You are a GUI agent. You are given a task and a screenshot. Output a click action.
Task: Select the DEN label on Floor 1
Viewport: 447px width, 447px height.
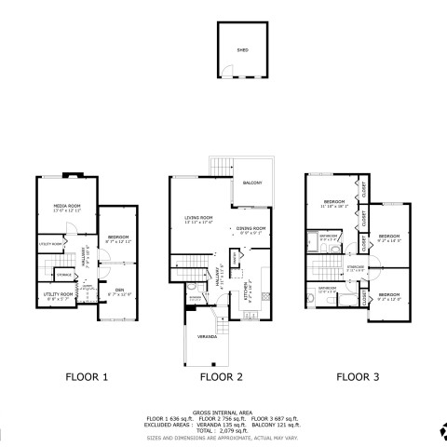(x=120, y=291)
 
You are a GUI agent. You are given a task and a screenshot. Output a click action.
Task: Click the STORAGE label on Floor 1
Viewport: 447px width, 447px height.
(x=64, y=275)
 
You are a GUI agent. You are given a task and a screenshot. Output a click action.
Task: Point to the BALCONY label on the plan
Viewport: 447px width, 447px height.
(x=253, y=182)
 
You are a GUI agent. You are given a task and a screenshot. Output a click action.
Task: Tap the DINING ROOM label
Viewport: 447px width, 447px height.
(x=251, y=227)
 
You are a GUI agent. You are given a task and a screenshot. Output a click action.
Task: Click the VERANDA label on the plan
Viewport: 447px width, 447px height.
(x=206, y=336)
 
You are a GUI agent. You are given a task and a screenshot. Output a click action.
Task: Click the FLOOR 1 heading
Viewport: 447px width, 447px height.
(x=87, y=377)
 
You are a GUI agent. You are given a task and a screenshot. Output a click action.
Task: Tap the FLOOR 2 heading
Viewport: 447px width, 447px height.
(x=222, y=377)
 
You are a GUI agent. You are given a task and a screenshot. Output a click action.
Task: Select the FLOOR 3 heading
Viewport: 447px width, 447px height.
(x=358, y=377)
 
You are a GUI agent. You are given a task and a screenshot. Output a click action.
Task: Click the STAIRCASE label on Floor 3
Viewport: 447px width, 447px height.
(x=355, y=267)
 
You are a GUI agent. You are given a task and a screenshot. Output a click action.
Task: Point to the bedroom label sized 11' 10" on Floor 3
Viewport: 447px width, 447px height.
(x=334, y=202)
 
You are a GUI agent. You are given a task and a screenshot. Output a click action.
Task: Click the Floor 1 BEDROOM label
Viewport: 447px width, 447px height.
(x=117, y=237)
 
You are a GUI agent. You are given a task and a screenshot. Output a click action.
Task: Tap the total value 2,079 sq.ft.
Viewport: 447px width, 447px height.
(x=237, y=431)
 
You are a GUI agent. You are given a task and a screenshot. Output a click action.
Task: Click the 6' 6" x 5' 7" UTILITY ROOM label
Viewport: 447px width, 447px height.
(x=58, y=294)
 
